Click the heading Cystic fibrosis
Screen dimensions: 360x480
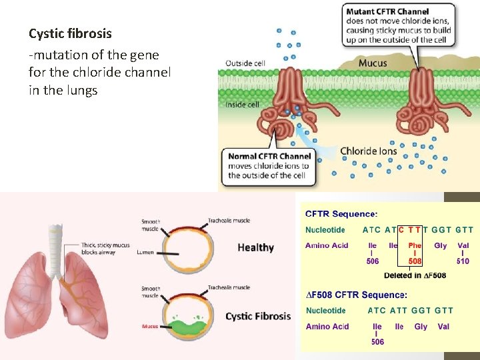coord(70,33)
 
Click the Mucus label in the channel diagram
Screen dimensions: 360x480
coord(372,63)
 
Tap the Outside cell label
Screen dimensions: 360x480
coord(246,63)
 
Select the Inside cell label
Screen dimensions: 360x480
coord(242,104)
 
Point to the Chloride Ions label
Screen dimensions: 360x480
coord(368,151)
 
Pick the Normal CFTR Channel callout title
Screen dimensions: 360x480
coord(269,157)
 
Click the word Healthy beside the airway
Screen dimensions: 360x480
coord(255,247)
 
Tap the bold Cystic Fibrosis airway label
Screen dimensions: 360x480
coord(258,316)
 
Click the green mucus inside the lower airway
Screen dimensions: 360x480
coord(185,327)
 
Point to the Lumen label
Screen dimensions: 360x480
coord(145,253)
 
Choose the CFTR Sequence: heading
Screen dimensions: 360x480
coord(341,214)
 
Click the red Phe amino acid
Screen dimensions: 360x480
coord(415,245)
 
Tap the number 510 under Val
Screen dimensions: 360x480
coord(463,261)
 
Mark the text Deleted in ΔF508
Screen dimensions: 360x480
coord(415,275)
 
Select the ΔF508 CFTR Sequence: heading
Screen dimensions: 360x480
coord(356,295)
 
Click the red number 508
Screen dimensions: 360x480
coord(415,261)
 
